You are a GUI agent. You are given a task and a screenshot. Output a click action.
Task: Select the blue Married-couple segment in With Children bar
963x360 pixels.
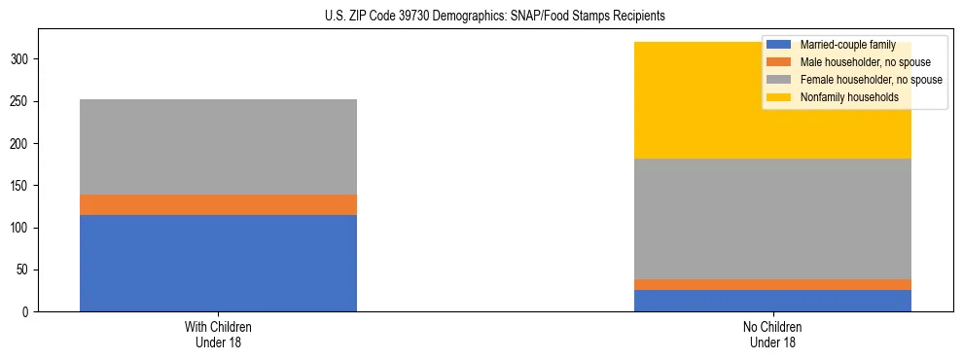coord(218,263)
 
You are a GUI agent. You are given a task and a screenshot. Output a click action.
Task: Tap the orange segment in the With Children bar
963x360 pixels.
coord(218,204)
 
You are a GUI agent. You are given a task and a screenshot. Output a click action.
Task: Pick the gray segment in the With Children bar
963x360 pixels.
coord(218,147)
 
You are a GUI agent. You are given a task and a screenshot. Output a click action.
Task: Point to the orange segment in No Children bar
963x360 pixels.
coord(772,285)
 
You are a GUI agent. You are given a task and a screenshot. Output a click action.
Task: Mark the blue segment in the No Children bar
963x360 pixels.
coord(772,301)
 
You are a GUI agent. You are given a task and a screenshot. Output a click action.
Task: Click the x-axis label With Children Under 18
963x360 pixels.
coord(218,334)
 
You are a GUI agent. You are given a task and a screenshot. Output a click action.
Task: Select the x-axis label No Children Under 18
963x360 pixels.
coord(772,334)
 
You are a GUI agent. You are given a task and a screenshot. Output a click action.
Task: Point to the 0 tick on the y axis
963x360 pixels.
coord(28,312)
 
